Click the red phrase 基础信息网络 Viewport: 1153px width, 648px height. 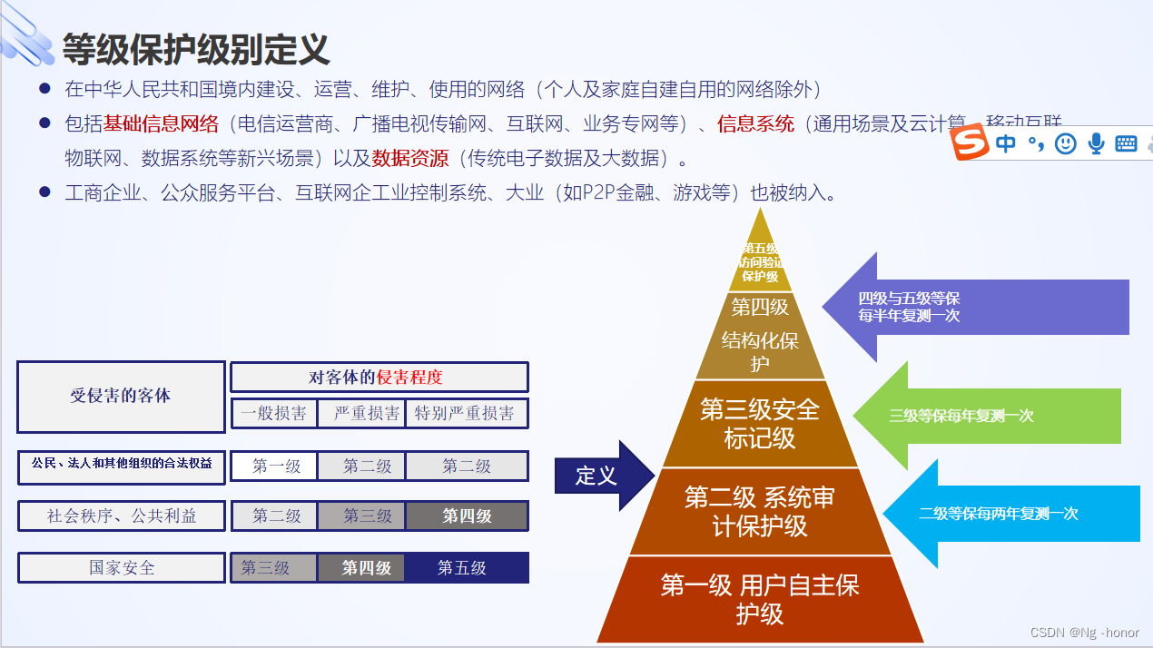point(161,123)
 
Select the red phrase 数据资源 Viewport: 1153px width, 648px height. point(409,158)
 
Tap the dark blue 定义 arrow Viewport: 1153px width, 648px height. point(601,476)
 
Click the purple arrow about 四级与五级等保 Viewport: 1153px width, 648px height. point(962,307)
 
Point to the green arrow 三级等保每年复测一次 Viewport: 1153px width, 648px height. point(971,416)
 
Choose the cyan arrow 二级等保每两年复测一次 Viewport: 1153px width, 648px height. point(999,513)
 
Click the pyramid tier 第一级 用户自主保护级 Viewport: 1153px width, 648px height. point(760,599)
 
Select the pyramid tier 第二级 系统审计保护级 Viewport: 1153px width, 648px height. point(760,511)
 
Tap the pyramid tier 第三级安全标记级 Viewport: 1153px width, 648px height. point(760,424)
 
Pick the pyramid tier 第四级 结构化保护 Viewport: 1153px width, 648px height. point(760,336)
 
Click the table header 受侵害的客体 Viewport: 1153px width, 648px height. point(121,397)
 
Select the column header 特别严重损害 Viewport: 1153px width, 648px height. point(465,414)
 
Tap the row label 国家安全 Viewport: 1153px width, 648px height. point(122,568)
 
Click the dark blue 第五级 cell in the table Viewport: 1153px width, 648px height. point(463,568)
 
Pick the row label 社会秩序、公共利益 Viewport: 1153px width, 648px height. point(122,516)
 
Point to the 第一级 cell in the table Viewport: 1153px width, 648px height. point(276,466)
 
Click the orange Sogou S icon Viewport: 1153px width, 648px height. point(971,143)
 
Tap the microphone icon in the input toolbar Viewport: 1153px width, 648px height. point(1096,143)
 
